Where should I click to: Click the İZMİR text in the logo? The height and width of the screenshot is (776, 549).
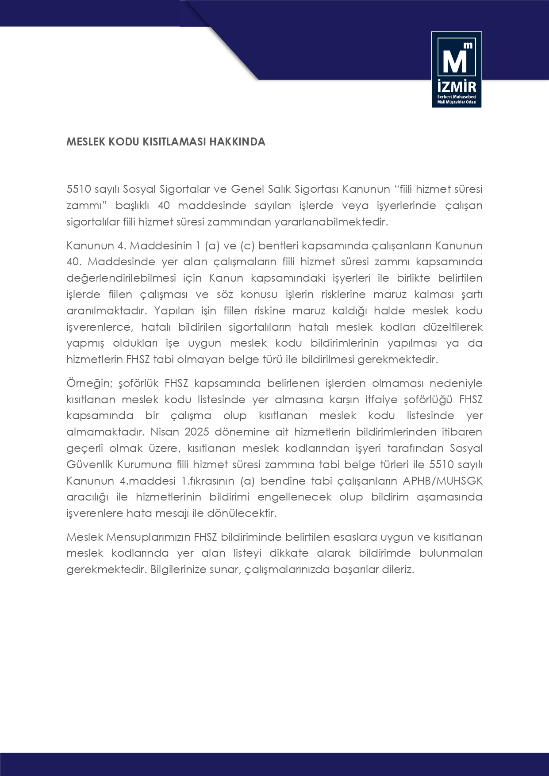tap(457, 86)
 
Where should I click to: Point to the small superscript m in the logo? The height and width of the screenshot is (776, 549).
tap(468, 45)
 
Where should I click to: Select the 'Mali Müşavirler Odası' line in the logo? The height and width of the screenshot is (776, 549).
tap(457, 102)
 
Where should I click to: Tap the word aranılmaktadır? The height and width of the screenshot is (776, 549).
tap(107, 311)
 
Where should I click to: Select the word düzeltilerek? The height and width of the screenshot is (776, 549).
tap(453, 327)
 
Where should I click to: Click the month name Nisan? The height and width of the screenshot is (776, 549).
tap(165, 432)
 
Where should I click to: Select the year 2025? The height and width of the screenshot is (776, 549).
tap(197, 432)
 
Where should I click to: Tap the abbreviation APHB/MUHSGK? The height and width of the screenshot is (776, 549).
tap(442, 481)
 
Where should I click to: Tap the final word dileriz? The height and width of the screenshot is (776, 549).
tap(397, 570)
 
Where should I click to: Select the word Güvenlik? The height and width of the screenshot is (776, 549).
tap(90, 465)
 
